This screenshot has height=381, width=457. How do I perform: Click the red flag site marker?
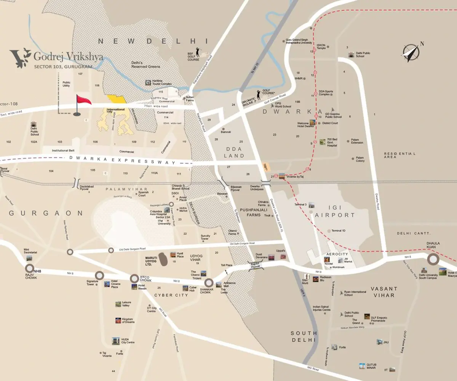coord(83,101)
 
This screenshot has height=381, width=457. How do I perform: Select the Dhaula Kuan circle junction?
coord(433,260)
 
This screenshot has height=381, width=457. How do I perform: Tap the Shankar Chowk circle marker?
coord(208,283)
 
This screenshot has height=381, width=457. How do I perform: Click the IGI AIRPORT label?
coord(335,215)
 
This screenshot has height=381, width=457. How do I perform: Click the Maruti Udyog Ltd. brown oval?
coord(163,259)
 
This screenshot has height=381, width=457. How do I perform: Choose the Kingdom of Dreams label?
coord(128,320)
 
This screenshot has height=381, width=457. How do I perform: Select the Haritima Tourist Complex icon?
coord(148,82)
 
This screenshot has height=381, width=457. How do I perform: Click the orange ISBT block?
coord(267,167)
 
